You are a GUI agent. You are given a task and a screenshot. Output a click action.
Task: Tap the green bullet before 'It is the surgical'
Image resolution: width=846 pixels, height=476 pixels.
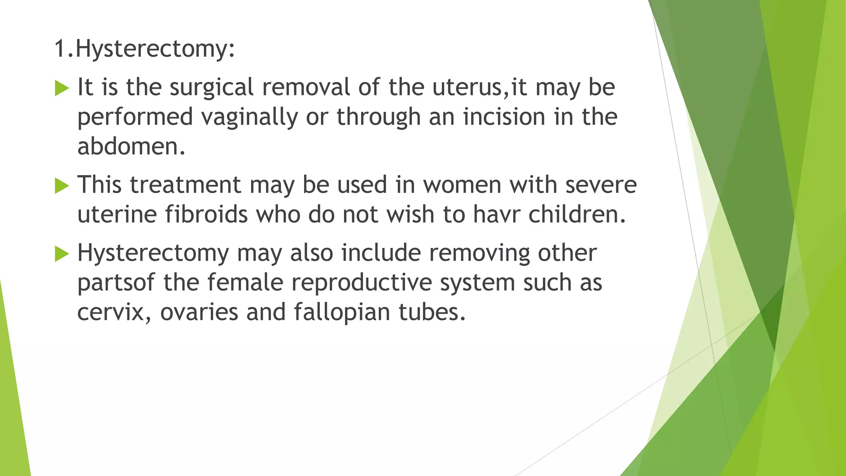click(x=62, y=88)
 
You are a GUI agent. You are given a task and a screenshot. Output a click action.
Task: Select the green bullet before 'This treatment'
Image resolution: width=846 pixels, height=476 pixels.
click(x=62, y=186)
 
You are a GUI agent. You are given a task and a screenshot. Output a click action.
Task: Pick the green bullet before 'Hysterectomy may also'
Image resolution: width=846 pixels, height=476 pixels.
click(x=62, y=253)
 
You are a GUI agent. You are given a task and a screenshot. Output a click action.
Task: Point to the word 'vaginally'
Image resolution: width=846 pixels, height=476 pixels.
click(x=249, y=117)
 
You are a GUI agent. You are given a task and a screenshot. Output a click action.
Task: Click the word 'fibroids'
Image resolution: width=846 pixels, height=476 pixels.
click(x=207, y=214)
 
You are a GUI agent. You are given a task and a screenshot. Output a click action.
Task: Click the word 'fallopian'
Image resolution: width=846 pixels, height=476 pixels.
click(x=342, y=312)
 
